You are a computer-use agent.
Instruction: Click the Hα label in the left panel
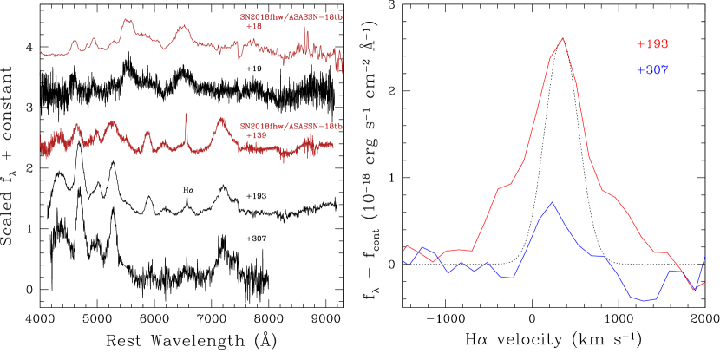(x=187, y=189)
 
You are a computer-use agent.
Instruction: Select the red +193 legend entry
(x=651, y=43)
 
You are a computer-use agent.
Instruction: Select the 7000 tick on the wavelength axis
(x=212, y=320)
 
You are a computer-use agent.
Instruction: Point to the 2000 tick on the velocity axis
(x=705, y=320)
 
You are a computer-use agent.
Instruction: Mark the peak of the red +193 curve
(x=563, y=38)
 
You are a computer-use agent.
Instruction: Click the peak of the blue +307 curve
(x=551, y=202)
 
